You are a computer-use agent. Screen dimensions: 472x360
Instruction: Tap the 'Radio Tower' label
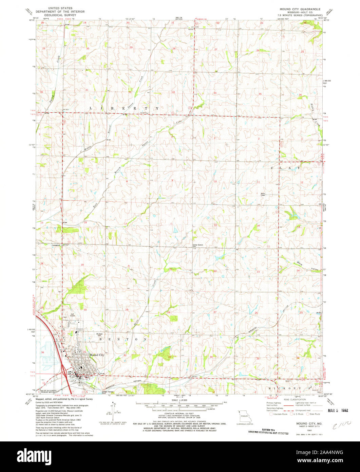coord(263,195)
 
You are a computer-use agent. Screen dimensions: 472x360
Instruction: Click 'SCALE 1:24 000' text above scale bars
coord(179,401)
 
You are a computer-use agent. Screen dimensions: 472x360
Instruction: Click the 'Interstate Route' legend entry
coord(280,414)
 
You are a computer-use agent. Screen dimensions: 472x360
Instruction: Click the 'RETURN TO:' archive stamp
coord(268,431)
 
